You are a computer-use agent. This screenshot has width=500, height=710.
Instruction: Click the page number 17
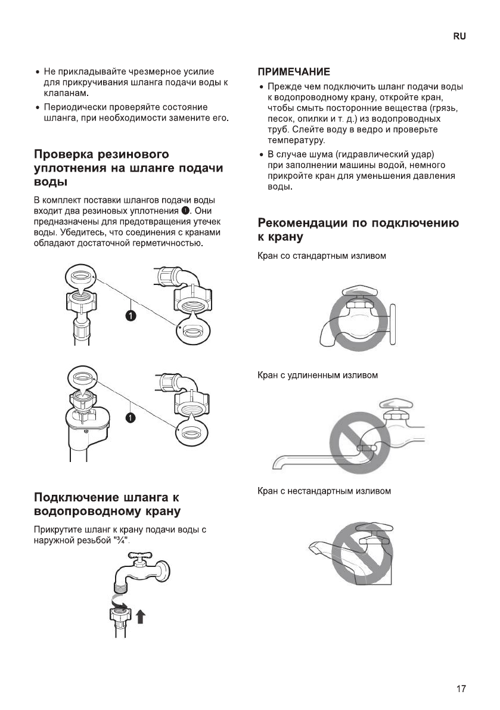461,689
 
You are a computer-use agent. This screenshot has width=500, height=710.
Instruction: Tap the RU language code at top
459,36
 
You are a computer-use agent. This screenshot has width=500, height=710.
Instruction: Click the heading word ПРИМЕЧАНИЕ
294,72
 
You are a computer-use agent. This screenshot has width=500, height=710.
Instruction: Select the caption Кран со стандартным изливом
322,256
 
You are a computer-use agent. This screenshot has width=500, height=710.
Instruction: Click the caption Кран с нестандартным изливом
324,491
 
